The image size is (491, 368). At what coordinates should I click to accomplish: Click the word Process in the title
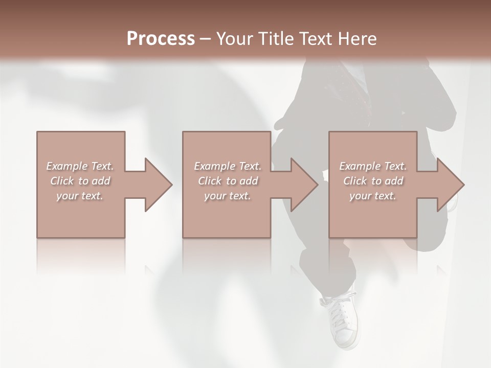point(161,38)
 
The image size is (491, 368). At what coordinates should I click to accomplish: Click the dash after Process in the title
point(205,39)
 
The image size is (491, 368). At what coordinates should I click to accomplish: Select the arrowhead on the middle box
point(304,185)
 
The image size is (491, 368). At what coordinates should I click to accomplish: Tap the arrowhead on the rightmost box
point(450,185)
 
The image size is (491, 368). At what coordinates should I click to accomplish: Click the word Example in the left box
point(67,166)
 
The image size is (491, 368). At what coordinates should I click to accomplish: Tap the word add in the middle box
point(248,181)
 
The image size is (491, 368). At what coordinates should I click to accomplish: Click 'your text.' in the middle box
point(227,196)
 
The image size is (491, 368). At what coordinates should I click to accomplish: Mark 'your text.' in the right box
point(373,196)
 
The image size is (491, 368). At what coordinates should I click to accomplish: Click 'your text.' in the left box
point(80,196)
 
